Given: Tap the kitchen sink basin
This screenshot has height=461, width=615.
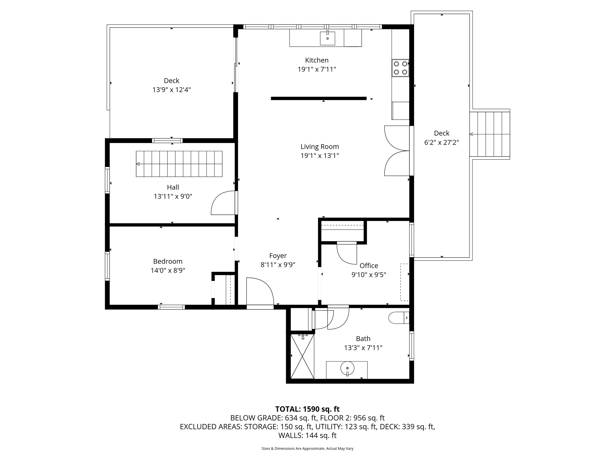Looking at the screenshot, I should [327, 38].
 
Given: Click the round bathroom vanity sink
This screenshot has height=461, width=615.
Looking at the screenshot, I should [347, 369].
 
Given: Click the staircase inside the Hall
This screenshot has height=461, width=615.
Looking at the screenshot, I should [179, 164].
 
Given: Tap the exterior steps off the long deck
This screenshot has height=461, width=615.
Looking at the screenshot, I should [490, 134].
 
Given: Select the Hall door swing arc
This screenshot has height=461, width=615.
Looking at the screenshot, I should [223, 203].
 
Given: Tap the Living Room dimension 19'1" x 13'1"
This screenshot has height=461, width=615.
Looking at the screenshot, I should [320, 156].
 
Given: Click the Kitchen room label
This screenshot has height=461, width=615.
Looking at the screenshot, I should [317, 60].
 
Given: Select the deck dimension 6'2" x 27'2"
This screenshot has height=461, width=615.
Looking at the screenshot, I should [441, 142].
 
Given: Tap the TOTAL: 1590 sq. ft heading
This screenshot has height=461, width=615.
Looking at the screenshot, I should [307, 409].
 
